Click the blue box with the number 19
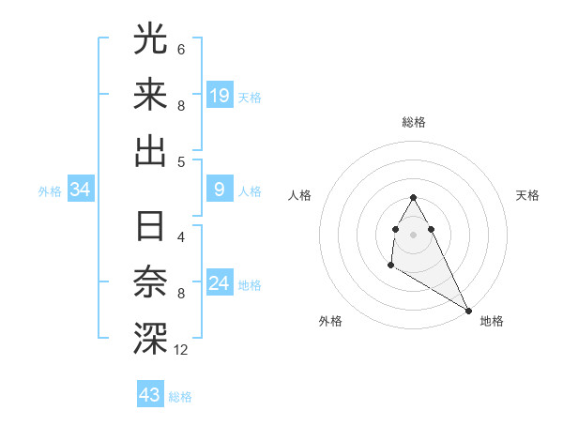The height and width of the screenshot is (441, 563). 220,95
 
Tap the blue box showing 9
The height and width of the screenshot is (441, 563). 220,190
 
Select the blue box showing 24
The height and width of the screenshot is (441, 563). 220,283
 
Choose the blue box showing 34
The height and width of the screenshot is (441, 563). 81,190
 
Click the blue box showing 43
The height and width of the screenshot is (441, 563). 150,395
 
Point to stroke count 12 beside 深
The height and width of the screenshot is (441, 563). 181,350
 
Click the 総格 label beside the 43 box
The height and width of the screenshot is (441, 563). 180,397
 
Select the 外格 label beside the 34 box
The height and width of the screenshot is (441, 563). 50,191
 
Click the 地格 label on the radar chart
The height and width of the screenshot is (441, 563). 492,321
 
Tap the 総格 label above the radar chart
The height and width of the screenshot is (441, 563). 414,122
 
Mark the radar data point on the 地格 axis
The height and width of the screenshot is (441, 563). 468,311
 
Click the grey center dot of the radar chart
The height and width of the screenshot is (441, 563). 414,234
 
